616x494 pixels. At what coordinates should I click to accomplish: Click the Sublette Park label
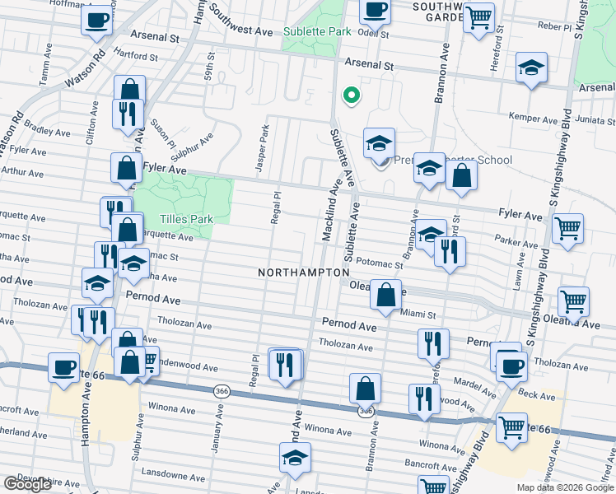[317, 32]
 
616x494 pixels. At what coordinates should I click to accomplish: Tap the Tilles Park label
[187, 219]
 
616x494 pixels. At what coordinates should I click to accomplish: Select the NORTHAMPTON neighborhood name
[303, 272]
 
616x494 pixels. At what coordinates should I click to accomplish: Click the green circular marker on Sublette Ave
[351, 96]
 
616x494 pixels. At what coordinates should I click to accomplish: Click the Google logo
[27, 483]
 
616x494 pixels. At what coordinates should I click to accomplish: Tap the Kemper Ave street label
[534, 117]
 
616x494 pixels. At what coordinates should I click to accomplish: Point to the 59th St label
[212, 63]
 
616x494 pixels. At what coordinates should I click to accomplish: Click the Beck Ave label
[538, 395]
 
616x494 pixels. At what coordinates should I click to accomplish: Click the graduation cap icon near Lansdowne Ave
[295, 459]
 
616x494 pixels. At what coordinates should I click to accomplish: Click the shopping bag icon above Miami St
[385, 294]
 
